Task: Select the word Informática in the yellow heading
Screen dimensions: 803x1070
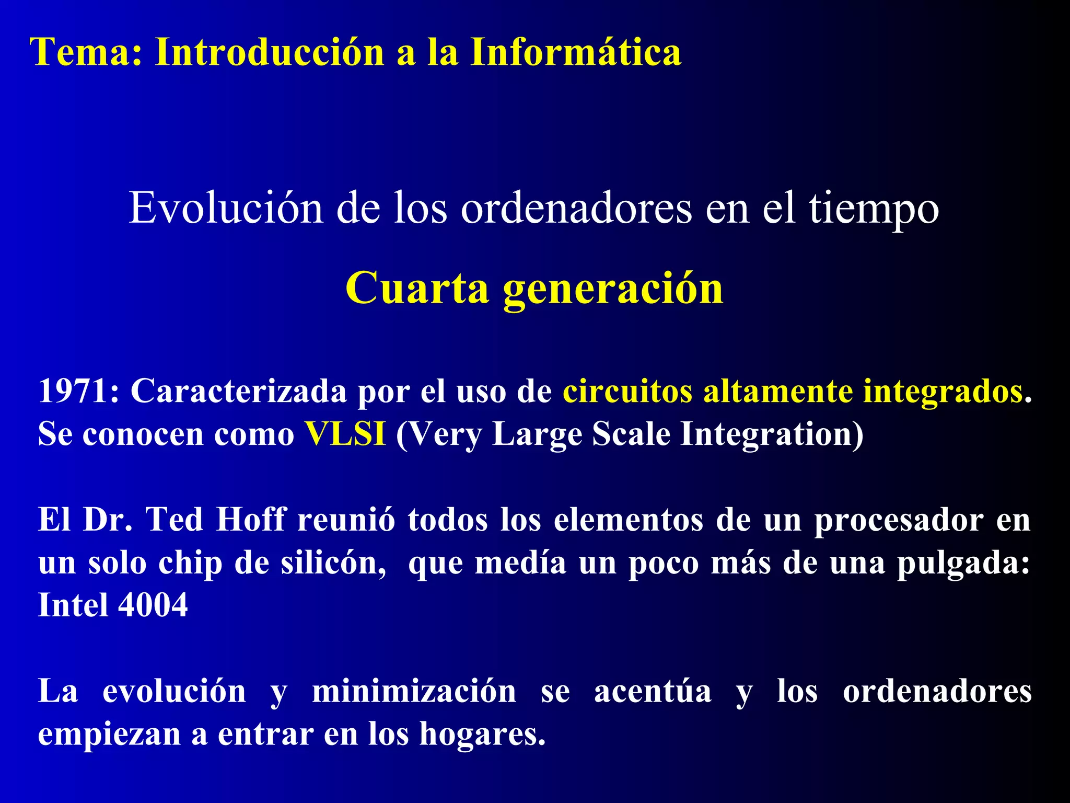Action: click(x=576, y=52)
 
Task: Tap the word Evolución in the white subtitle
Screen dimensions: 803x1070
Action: click(x=226, y=208)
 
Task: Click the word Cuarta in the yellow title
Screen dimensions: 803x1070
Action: click(x=416, y=288)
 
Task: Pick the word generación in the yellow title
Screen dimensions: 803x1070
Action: click(x=613, y=289)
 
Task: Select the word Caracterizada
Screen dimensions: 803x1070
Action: click(x=238, y=391)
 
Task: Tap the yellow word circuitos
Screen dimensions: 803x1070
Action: click(x=627, y=391)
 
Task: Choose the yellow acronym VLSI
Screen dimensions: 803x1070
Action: click(x=346, y=433)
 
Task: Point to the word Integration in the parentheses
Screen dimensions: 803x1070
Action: click(x=771, y=434)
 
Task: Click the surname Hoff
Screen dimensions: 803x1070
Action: click(x=251, y=520)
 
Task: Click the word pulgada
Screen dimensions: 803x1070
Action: click(x=962, y=564)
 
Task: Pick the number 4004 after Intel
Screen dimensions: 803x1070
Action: click(x=153, y=605)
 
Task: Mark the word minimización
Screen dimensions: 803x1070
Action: click(x=414, y=691)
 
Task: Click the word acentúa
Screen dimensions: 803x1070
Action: click(x=653, y=691)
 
